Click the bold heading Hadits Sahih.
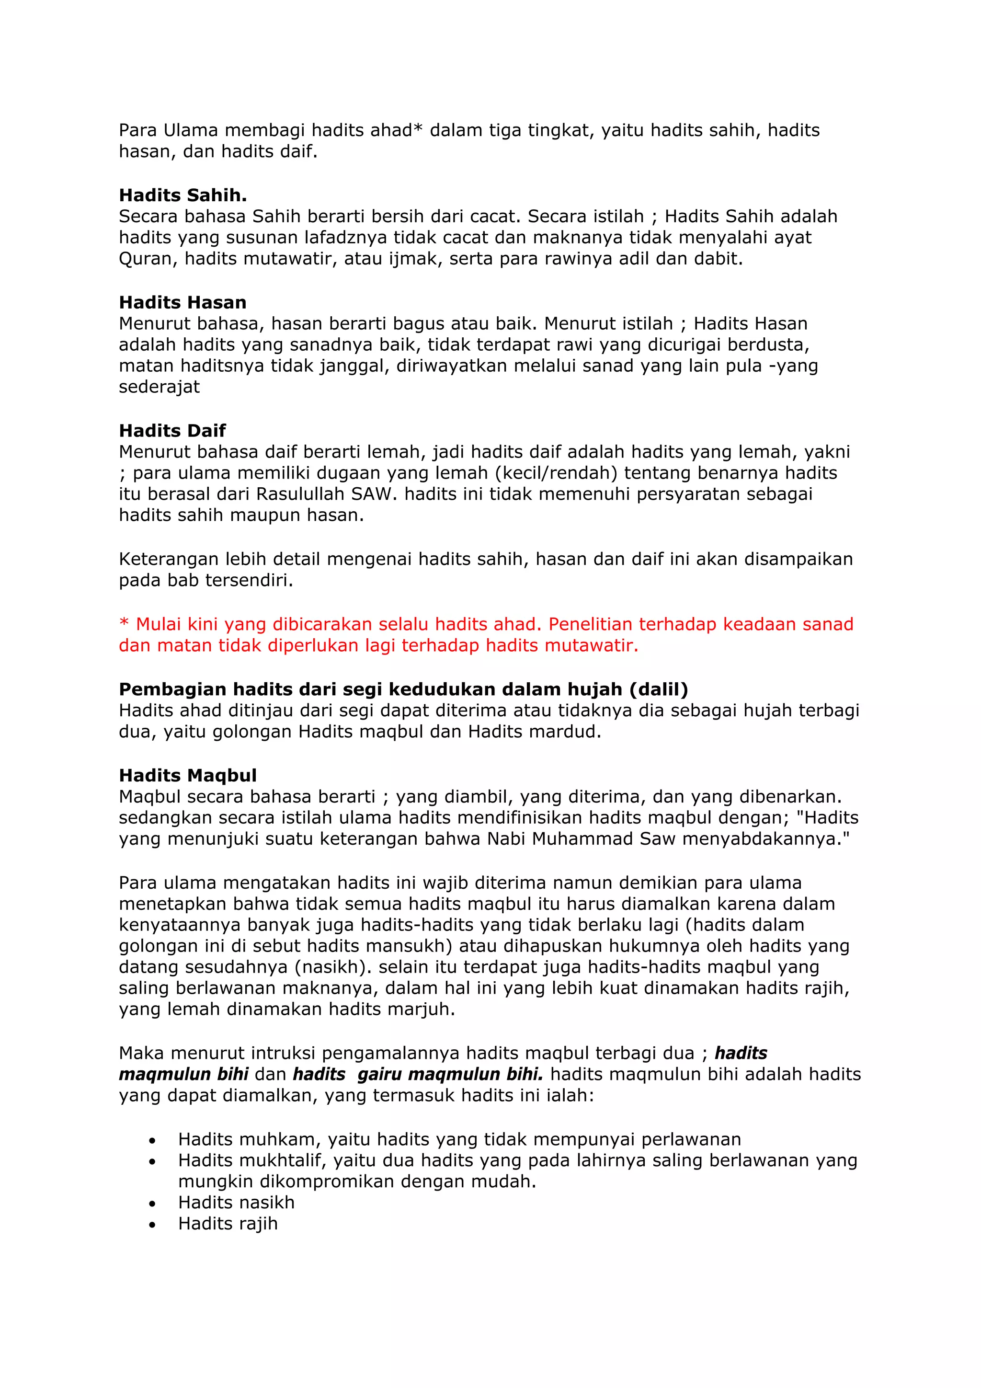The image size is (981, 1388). pos(183,195)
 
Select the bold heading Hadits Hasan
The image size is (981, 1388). pos(183,302)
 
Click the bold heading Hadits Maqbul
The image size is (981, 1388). pos(187,775)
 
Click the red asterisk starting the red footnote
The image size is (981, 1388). pos(124,624)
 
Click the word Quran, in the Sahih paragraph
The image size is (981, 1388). pos(148,259)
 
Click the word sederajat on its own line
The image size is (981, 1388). pos(159,387)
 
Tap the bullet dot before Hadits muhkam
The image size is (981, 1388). pos(152,1141)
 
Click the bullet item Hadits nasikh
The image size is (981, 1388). pos(236,1203)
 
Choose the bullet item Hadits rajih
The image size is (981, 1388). pos(227,1224)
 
